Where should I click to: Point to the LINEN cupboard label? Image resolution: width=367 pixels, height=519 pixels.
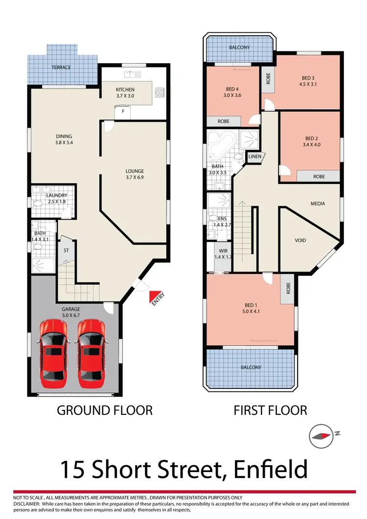click(x=255, y=157)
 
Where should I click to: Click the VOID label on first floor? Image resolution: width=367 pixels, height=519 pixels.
click(x=300, y=241)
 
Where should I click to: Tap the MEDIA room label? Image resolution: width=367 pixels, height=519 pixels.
click(x=318, y=203)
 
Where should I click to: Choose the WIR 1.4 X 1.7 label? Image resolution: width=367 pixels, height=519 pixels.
click(x=222, y=254)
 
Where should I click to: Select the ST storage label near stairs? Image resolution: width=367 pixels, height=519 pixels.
click(x=66, y=250)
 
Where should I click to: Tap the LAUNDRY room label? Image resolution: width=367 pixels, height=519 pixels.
click(x=57, y=196)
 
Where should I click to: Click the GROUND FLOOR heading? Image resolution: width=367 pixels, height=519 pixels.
click(x=105, y=410)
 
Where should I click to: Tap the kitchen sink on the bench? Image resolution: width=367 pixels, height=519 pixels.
click(x=132, y=74)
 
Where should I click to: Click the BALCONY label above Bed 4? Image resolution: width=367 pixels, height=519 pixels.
click(x=239, y=48)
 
